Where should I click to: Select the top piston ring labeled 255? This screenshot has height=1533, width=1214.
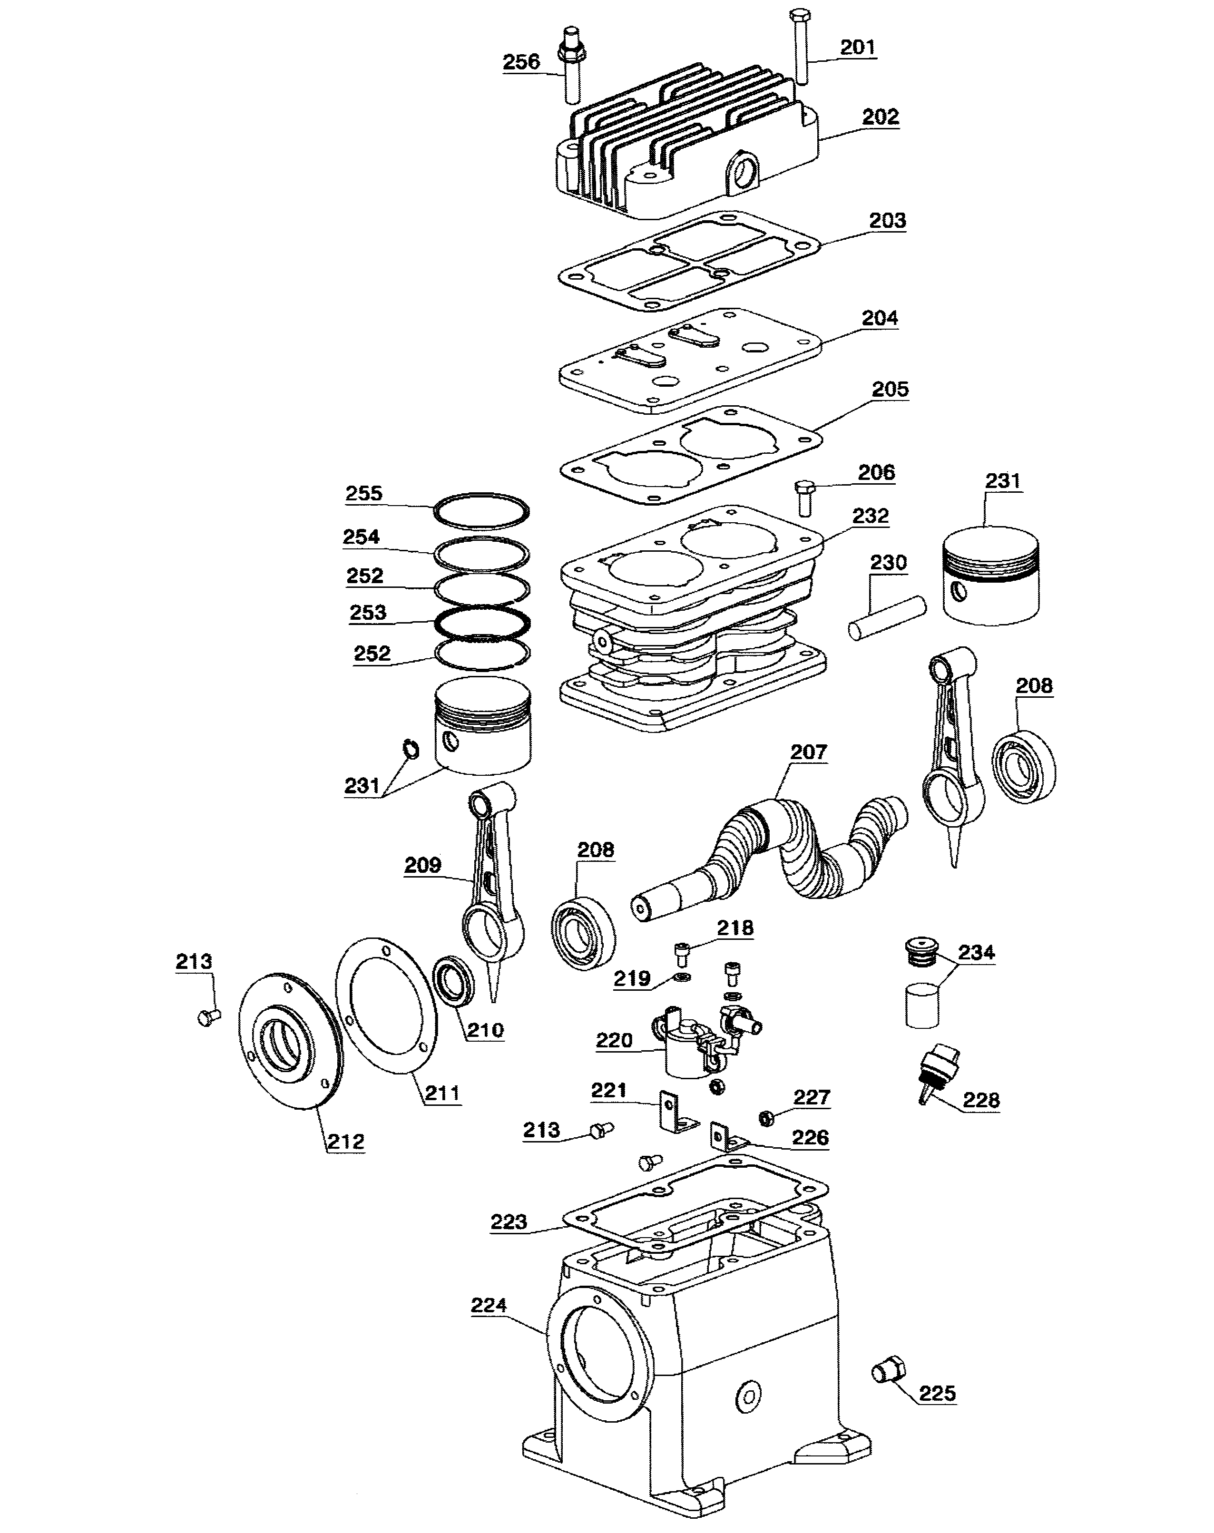point(482,511)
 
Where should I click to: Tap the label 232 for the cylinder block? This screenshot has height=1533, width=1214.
point(870,516)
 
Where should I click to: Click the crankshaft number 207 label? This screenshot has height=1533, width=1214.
point(809,752)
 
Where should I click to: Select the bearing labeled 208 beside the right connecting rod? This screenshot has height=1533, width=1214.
point(1024,766)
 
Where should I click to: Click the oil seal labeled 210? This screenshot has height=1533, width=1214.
point(453,981)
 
